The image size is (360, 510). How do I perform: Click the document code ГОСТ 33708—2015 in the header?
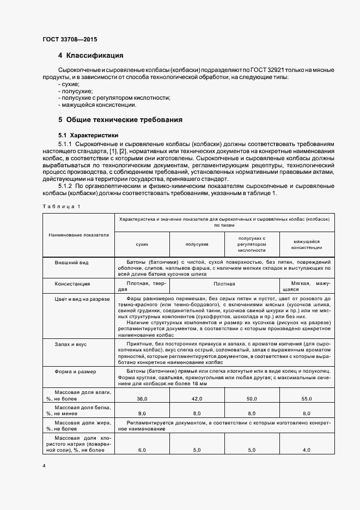point(70,39)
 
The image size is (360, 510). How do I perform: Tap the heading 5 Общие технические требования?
point(120,119)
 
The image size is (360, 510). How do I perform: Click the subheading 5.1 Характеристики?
point(89,135)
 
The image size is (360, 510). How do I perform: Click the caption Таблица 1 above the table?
point(61,206)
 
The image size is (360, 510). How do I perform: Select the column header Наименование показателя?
point(78,235)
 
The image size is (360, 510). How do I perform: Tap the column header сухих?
point(142,246)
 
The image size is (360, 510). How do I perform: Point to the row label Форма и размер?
point(75,372)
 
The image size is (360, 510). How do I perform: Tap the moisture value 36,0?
point(142,399)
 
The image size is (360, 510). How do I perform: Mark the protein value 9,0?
point(142,414)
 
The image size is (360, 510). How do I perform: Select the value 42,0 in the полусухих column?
point(197,399)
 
